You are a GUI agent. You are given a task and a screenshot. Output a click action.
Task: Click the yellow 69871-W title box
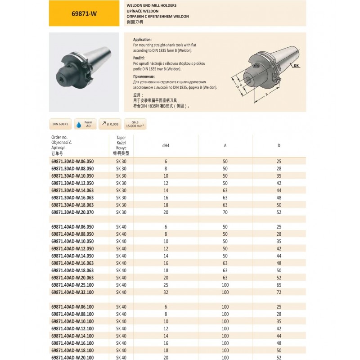tap(84, 13)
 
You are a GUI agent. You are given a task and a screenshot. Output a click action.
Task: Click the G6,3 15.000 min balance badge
tap(134, 124)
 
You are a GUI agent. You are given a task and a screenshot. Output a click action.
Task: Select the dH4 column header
tap(166, 145)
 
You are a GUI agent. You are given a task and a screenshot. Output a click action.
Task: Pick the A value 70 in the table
tap(225, 211)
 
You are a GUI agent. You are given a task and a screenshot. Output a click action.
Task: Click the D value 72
tap(279, 292)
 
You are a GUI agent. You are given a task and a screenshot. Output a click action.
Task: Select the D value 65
tap(279, 285)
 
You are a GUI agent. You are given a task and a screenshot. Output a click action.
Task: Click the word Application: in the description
tap(143, 40)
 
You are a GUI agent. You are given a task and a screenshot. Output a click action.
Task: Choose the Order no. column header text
tap(59, 137)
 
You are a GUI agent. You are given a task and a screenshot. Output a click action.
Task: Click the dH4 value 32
tap(166, 292)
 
